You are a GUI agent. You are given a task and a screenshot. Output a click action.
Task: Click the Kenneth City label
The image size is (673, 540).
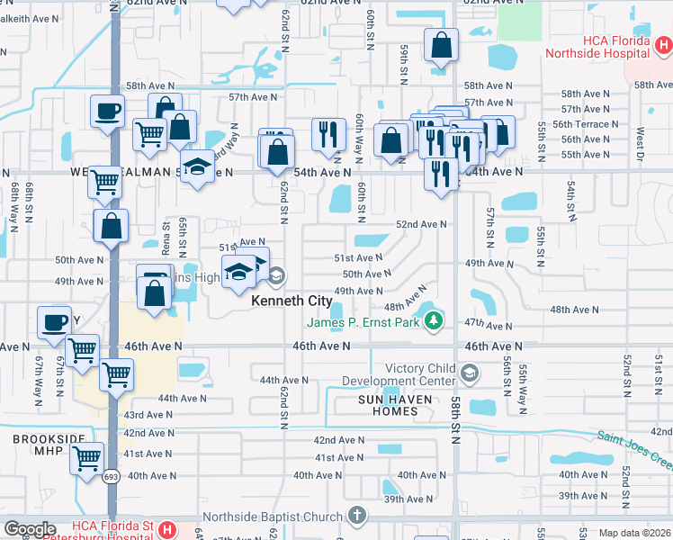(x=291, y=301)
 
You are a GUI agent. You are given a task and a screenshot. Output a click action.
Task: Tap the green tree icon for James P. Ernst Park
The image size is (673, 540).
(x=435, y=320)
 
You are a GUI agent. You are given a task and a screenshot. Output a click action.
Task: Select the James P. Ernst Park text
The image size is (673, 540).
(x=364, y=322)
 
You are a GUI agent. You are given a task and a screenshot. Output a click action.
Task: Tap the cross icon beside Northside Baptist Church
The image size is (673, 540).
(x=356, y=516)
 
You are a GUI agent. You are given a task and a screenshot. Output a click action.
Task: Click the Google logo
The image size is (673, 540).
(x=29, y=528)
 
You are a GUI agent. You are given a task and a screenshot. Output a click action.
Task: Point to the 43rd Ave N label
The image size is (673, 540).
(x=148, y=415)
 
